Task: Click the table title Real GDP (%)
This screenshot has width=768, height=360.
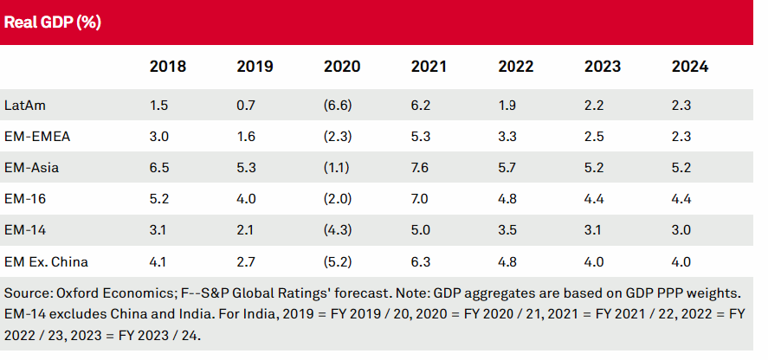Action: [53, 23]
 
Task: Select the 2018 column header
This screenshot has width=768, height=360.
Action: [167, 67]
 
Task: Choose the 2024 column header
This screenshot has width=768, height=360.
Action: [689, 67]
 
